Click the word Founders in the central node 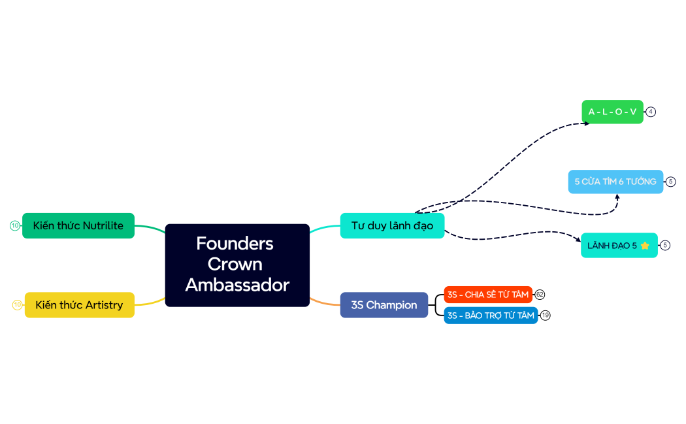pyautogui.click(x=235, y=244)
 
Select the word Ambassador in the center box pyautogui.click(x=237, y=285)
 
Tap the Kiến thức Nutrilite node pyautogui.click(x=78, y=225)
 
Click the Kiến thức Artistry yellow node pyautogui.click(x=79, y=305)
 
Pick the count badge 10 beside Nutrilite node pyautogui.click(x=15, y=225)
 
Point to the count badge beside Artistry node pyautogui.click(x=18, y=304)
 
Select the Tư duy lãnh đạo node pyautogui.click(x=392, y=225)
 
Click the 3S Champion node pyautogui.click(x=384, y=305)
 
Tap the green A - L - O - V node pyautogui.click(x=612, y=112)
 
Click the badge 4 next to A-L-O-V pyautogui.click(x=651, y=112)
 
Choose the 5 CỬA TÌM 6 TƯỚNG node pyautogui.click(x=615, y=182)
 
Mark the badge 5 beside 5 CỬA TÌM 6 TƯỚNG pyautogui.click(x=671, y=182)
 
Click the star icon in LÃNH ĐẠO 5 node pyautogui.click(x=645, y=246)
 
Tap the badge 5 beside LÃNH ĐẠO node pyautogui.click(x=665, y=245)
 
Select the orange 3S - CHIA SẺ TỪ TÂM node pyautogui.click(x=487, y=295)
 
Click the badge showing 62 pyautogui.click(x=540, y=295)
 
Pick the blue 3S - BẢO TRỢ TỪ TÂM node pyautogui.click(x=490, y=316)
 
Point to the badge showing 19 pyautogui.click(x=546, y=316)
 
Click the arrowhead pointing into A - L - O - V pyautogui.click(x=585, y=122)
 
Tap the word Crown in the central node pyautogui.click(x=235, y=264)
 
